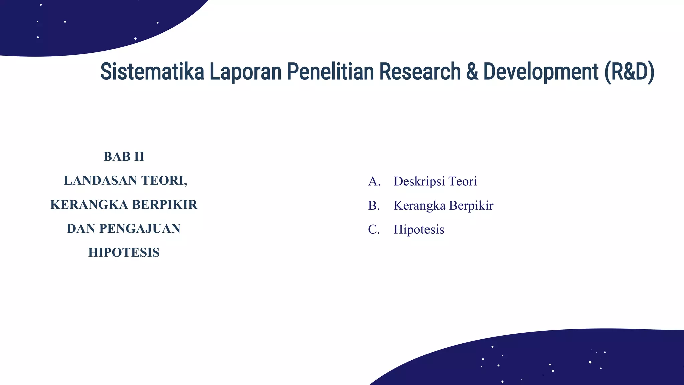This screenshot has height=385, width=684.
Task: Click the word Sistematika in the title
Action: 152,72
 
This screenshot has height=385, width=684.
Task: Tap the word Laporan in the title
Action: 245,72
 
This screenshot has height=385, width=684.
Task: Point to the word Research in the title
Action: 420,72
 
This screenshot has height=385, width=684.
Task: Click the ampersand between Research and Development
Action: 472,72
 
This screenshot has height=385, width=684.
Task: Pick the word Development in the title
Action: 541,72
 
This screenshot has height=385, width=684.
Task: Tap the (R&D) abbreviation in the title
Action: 629,72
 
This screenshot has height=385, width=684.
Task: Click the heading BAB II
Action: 124,157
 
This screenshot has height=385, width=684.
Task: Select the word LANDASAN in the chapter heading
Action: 100,181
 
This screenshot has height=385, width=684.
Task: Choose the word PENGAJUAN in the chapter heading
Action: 140,229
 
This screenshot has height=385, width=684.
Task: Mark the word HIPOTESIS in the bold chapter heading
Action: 124,253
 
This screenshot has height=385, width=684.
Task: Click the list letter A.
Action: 374,182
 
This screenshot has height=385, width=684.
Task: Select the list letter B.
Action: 374,206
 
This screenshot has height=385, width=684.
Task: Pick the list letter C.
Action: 374,230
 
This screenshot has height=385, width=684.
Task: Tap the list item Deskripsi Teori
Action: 435,182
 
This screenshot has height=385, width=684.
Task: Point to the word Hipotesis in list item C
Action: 419,230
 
